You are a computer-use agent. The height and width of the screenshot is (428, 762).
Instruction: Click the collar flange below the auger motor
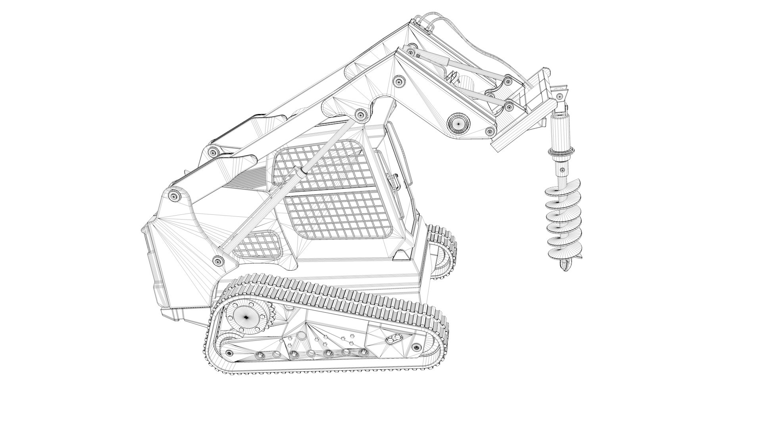pos(561,151)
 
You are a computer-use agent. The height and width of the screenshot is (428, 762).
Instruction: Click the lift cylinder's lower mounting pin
pos(217,260)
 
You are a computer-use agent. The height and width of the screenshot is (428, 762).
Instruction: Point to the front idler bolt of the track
pos(416,348)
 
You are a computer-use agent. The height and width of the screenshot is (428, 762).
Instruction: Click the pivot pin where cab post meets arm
pos(361,115)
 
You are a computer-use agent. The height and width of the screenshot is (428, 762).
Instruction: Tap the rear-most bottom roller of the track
pos(229,353)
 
